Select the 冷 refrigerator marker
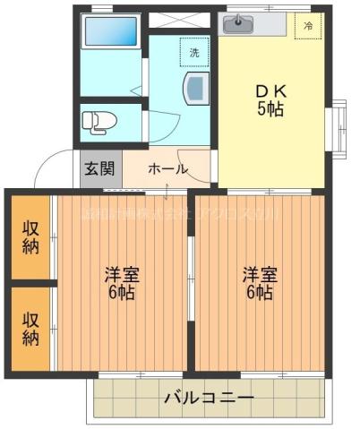(308, 27)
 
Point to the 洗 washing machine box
(193, 53)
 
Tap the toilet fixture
(99, 120)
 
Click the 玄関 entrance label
(100, 168)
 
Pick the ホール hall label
(167, 168)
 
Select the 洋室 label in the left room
(122, 273)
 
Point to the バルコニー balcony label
(209, 397)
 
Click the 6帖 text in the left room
(122, 293)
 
